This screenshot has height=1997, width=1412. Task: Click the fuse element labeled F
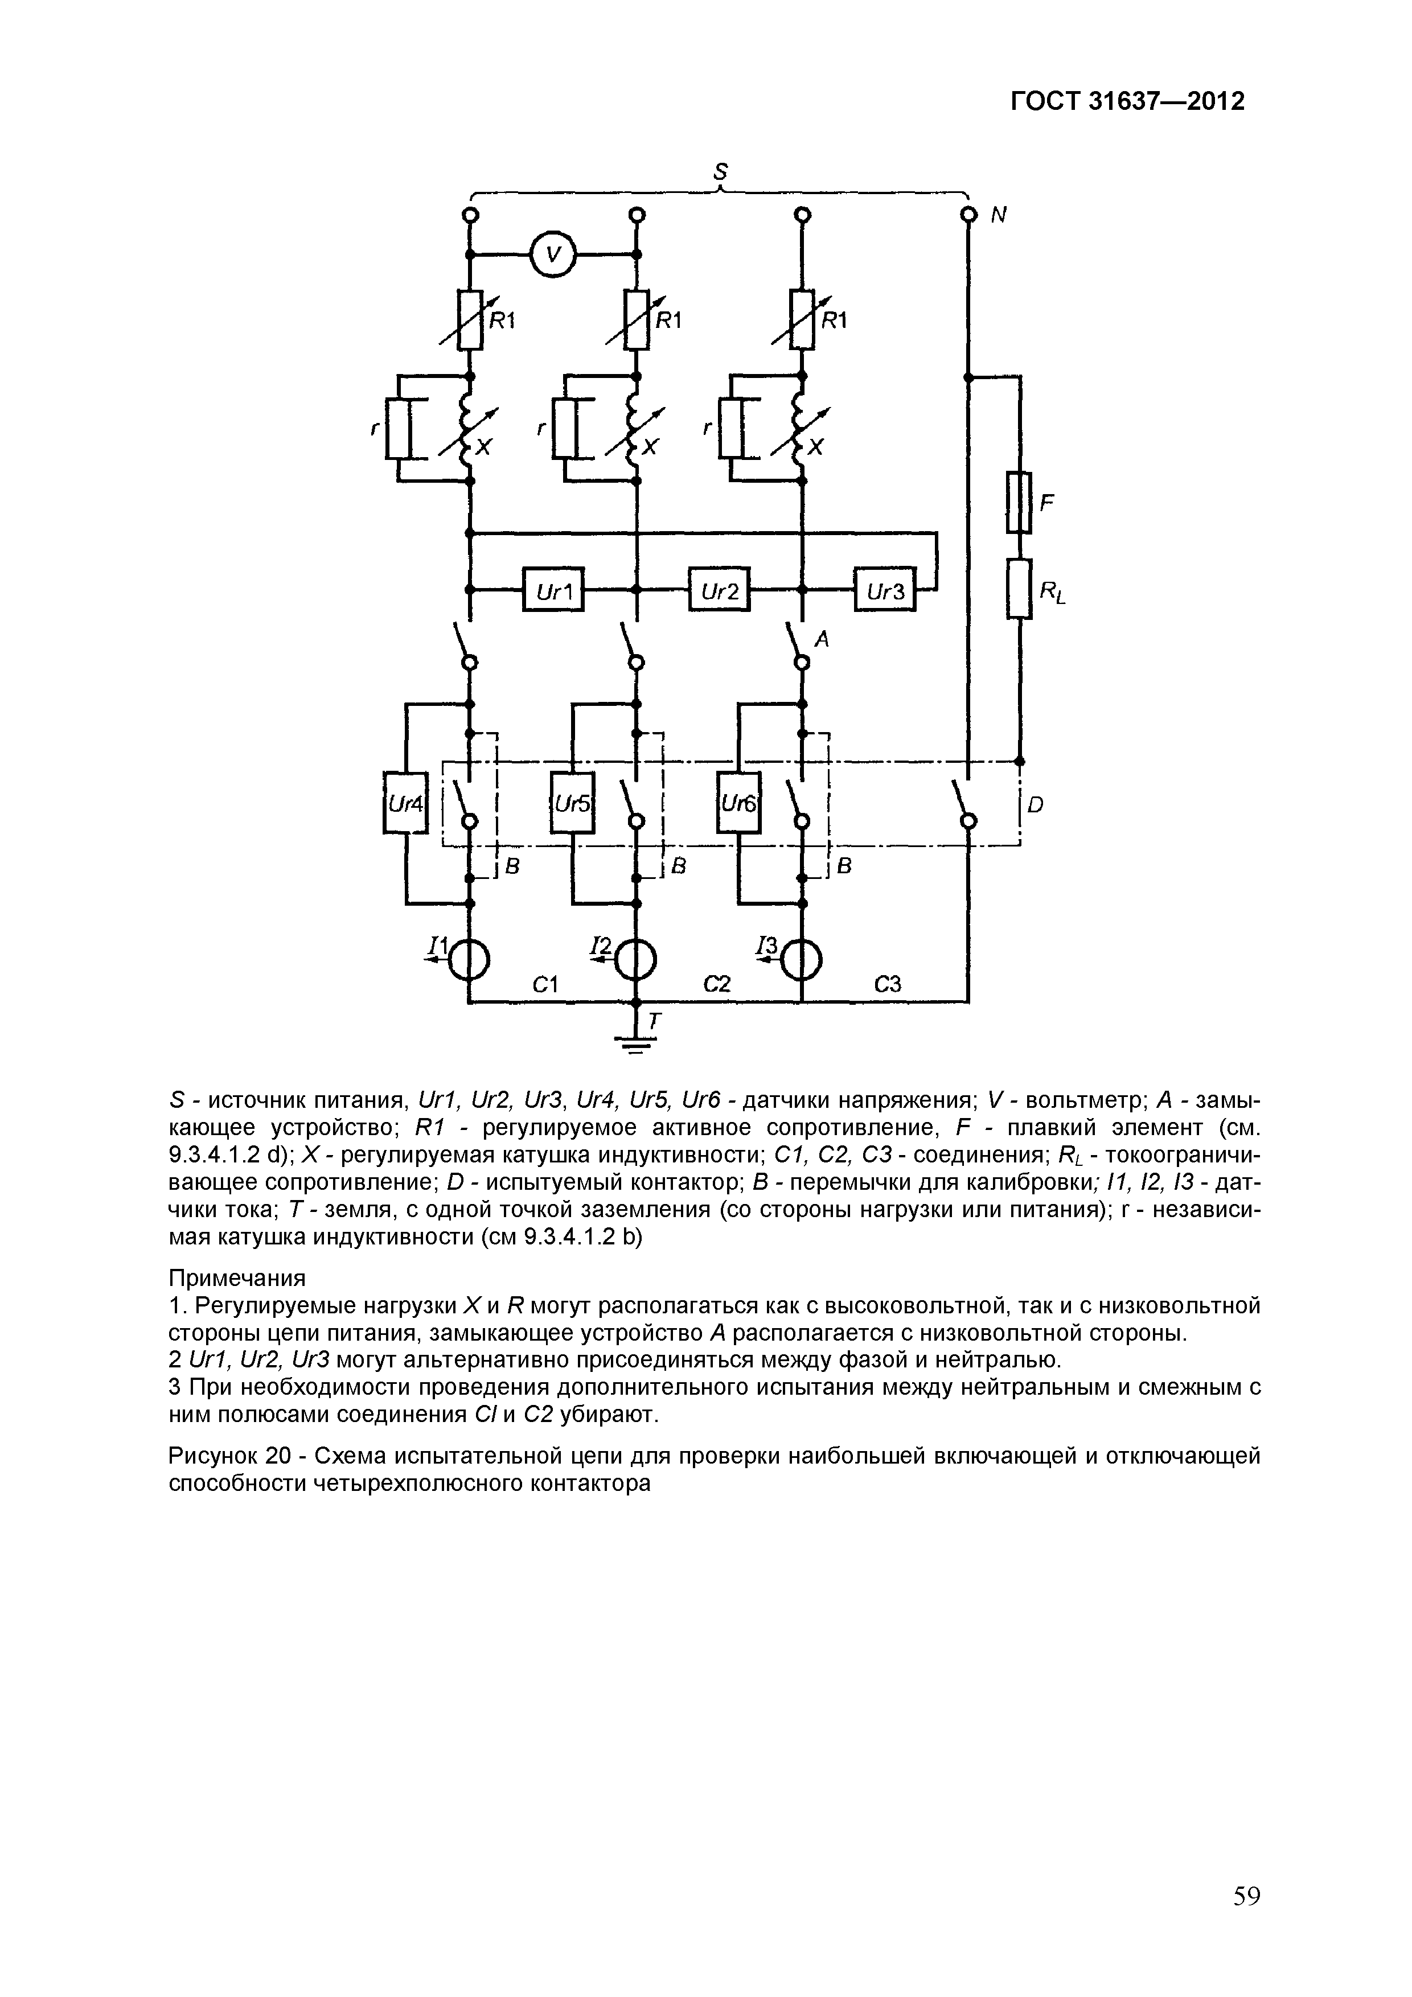tap(1019, 502)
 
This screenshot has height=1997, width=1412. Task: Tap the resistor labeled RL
tap(1019, 589)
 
